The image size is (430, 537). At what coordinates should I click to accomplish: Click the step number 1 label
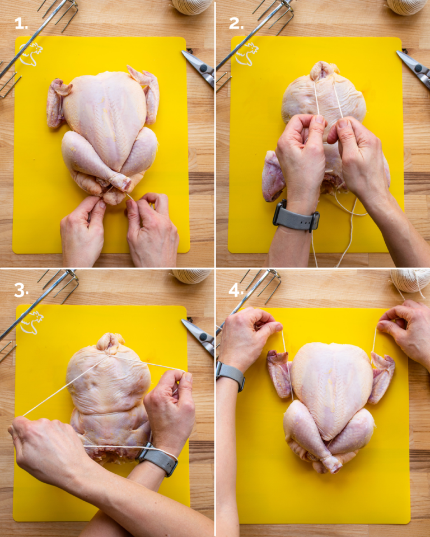pyautogui.click(x=21, y=23)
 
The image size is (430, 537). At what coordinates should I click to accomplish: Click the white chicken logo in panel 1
pyautogui.click(x=31, y=54)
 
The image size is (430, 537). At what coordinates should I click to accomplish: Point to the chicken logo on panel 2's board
pyautogui.click(x=247, y=54)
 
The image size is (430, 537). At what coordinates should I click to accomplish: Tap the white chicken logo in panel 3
pyautogui.click(x=31, y=323)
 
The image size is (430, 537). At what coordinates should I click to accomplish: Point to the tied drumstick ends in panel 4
pyautogui.click(x=331, y=463)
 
